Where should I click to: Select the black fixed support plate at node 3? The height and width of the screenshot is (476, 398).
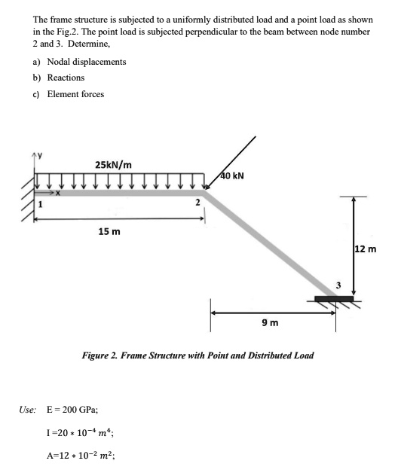coord(334,300)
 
